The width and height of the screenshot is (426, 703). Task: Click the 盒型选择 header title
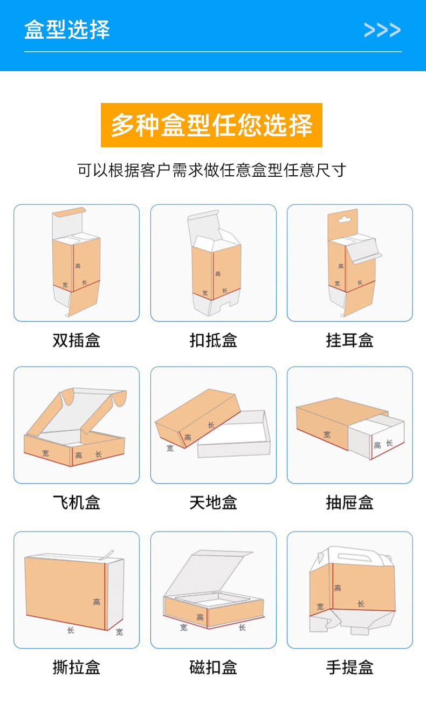point(67,29)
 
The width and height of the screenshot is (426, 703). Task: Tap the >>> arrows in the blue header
point(382,30)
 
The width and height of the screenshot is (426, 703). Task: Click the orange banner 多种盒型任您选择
point(211,125)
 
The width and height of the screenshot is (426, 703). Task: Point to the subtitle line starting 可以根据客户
point(211,170)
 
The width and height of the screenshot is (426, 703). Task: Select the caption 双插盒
point(77,340)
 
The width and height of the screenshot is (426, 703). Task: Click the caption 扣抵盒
point(213,340)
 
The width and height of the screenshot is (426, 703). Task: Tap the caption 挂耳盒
point(349,340)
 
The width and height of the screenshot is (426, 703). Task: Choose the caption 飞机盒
point(77,503)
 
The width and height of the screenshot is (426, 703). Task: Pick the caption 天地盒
point(213,503)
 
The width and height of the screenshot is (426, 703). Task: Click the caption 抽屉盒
point(349,503)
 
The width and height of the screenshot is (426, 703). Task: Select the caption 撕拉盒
point(77,667)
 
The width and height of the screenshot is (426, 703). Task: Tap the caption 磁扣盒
point(213,667)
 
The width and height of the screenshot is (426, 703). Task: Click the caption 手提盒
point(349,667)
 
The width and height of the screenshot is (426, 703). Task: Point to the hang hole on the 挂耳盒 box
point(343,219)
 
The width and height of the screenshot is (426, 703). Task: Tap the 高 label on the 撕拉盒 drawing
point(97,602)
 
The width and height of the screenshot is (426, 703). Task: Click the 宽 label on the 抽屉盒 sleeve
point(327,434)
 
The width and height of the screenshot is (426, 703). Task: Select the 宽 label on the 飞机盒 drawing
point(45,453)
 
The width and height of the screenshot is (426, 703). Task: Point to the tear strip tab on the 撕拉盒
point(109,554)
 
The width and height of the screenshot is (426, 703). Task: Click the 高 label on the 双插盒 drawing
point(78,266)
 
